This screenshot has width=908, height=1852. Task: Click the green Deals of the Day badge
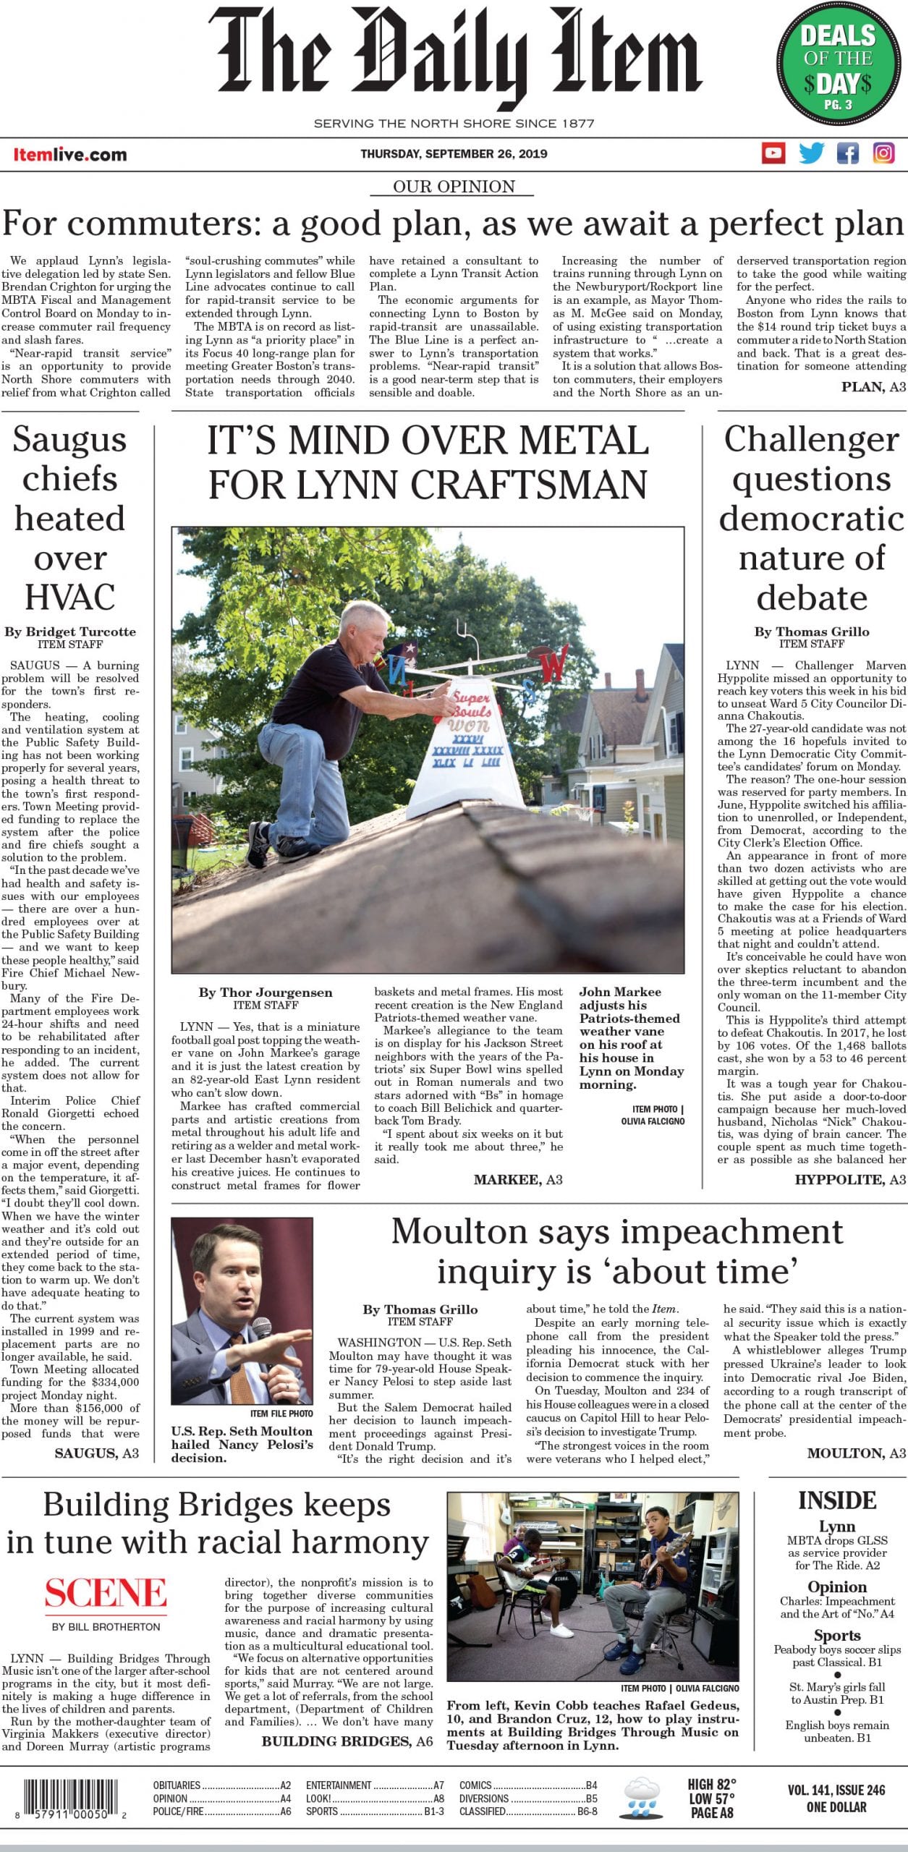[838, 68]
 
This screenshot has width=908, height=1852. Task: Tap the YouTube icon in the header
[773, 153]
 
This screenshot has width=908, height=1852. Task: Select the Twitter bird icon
[811, 153]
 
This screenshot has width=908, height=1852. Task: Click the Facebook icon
[847, 153]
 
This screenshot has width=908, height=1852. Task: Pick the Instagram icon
[883, 153]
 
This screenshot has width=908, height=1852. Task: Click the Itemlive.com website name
[69, 154]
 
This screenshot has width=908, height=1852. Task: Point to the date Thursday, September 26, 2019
[454, 153]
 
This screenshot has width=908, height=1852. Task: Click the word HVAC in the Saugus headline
[70, 598]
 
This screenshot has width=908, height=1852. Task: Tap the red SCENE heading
[106, 1594]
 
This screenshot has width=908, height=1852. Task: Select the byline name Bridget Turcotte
[81, 632]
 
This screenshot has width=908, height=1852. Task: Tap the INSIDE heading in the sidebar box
[837, 1500]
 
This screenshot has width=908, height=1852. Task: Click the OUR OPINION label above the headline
[454, 187]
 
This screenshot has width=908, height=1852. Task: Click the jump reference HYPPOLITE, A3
[849, 1180]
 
